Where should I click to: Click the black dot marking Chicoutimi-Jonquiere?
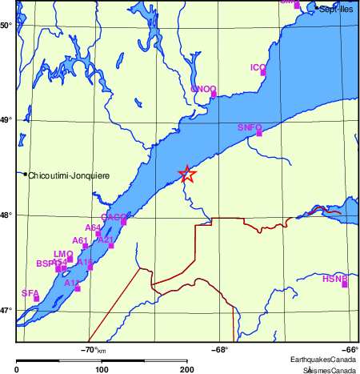coord(26,174)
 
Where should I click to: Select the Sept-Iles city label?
coord(336,9)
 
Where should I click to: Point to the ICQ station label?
coord(258,67)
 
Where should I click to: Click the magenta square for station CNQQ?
coord(214,95)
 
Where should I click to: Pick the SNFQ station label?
coord(250,127)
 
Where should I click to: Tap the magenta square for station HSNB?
coord(345,284)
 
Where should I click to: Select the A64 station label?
coord(94,228)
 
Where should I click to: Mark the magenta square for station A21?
coord(111,246)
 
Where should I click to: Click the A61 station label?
coord(80,240)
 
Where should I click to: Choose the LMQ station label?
coord(62,253)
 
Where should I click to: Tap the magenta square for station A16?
coord(90,267)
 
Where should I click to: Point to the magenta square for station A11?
coord(78,288)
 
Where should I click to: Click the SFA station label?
coord(30,293)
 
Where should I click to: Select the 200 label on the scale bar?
coord(187,369)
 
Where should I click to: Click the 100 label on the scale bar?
coord(102,369)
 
